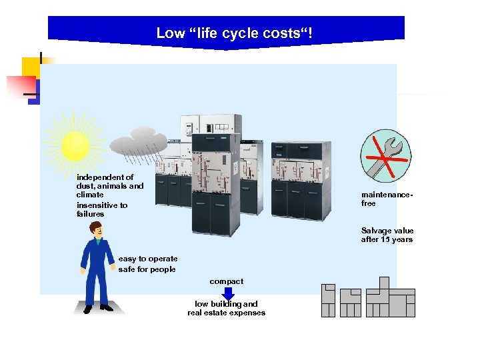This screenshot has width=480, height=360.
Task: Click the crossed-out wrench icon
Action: [385, 155]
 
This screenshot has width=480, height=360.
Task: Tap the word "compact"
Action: [227, 281]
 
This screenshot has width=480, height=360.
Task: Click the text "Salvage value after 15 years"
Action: [387, 235]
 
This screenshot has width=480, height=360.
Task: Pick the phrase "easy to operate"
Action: [148, 259]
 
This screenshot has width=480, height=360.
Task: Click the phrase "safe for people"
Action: [147, 269]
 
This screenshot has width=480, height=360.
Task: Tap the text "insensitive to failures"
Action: [102, 210]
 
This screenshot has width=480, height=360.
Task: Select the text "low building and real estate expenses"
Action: [227, 308]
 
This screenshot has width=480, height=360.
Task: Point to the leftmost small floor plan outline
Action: [328, 301]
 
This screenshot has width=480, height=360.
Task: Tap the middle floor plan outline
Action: [350, 303]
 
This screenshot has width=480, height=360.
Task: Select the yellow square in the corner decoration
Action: [31, 68]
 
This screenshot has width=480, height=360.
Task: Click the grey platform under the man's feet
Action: [99, 308]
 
